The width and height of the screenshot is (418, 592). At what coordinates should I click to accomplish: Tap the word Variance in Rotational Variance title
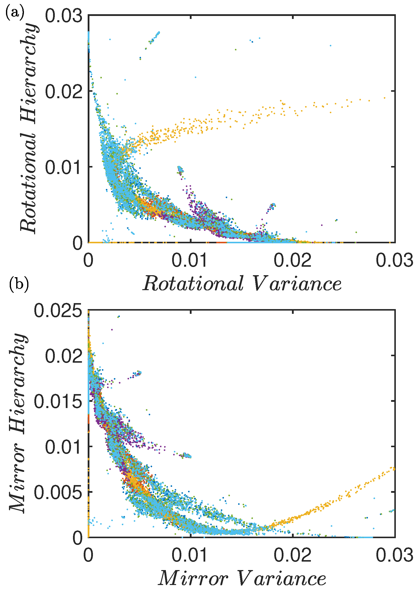[297, 284]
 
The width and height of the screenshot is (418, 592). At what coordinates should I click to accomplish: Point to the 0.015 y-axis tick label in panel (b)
[58, 401]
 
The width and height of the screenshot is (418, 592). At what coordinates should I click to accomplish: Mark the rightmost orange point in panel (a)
[384, 98]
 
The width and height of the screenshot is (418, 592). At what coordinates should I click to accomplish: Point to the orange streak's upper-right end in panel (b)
[393, 468]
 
